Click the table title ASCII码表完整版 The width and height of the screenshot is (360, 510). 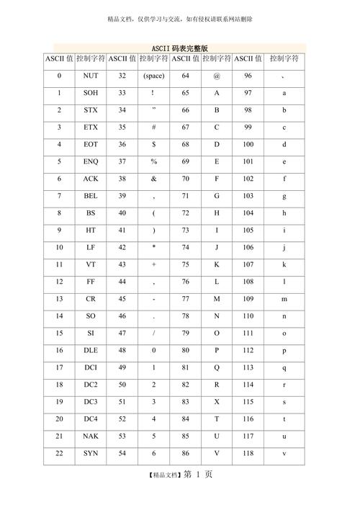pyautogui.click(x=180, y=48)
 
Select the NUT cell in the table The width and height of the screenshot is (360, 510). pyautogui.click(x=91, y=75)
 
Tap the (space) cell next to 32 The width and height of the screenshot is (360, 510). pyautogui.click(x=153, y=75)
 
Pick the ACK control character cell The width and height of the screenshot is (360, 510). pyautogui.click(x=91, y=178)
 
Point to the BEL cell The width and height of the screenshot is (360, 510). pyautogui.click(x=91, y=195)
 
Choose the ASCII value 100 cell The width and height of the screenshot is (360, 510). pyautogui.click(x=248, y=144)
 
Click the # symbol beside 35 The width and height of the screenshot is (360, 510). pyautogui.click(x=153, y=127)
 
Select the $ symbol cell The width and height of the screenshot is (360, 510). pyautogui.click(x=153, y=144)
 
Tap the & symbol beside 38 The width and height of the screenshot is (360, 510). pyautogui.click(x=153, y=178)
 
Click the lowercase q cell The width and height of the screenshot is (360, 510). pyautogui.click(x=284, y=367)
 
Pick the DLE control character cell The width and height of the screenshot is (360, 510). pyautogui.click(x=91, y=349)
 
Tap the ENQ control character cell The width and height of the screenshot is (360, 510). pyautogui.click(x=91, y=161)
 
